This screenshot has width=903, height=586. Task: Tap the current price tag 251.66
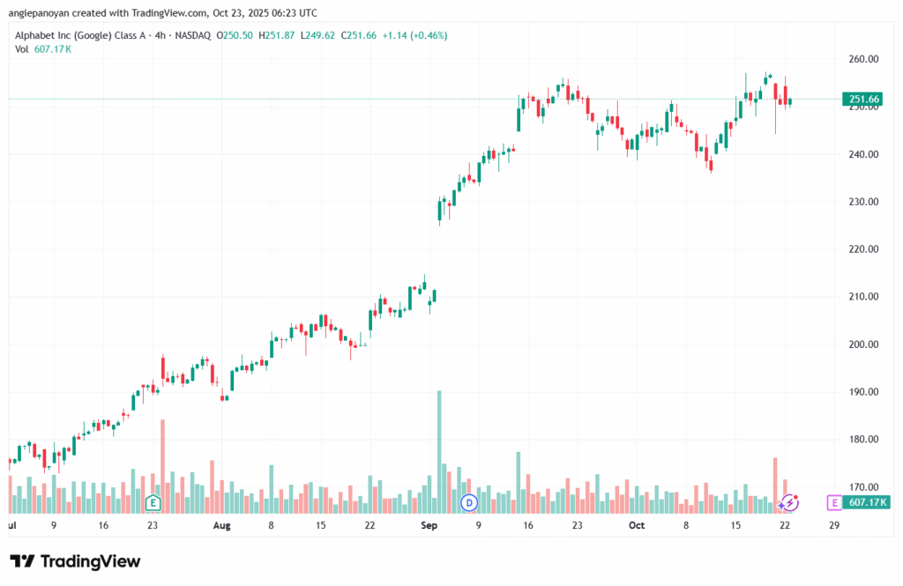tap(862, 99)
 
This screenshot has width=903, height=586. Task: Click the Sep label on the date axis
tap(429, 526)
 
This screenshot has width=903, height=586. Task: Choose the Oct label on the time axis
tap(637, 526)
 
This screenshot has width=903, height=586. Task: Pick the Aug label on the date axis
tap(221, 526)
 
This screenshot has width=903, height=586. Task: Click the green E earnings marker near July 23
tap(153, 503)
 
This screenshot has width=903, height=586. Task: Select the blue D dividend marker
tap(469, 503)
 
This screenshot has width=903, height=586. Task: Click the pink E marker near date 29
tap(833, 503)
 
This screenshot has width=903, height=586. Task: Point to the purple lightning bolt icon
tap(790, 503)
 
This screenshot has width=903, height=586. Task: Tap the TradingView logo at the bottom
tap(75, 561)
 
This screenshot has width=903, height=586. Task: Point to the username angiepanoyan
tap(43, 13)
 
